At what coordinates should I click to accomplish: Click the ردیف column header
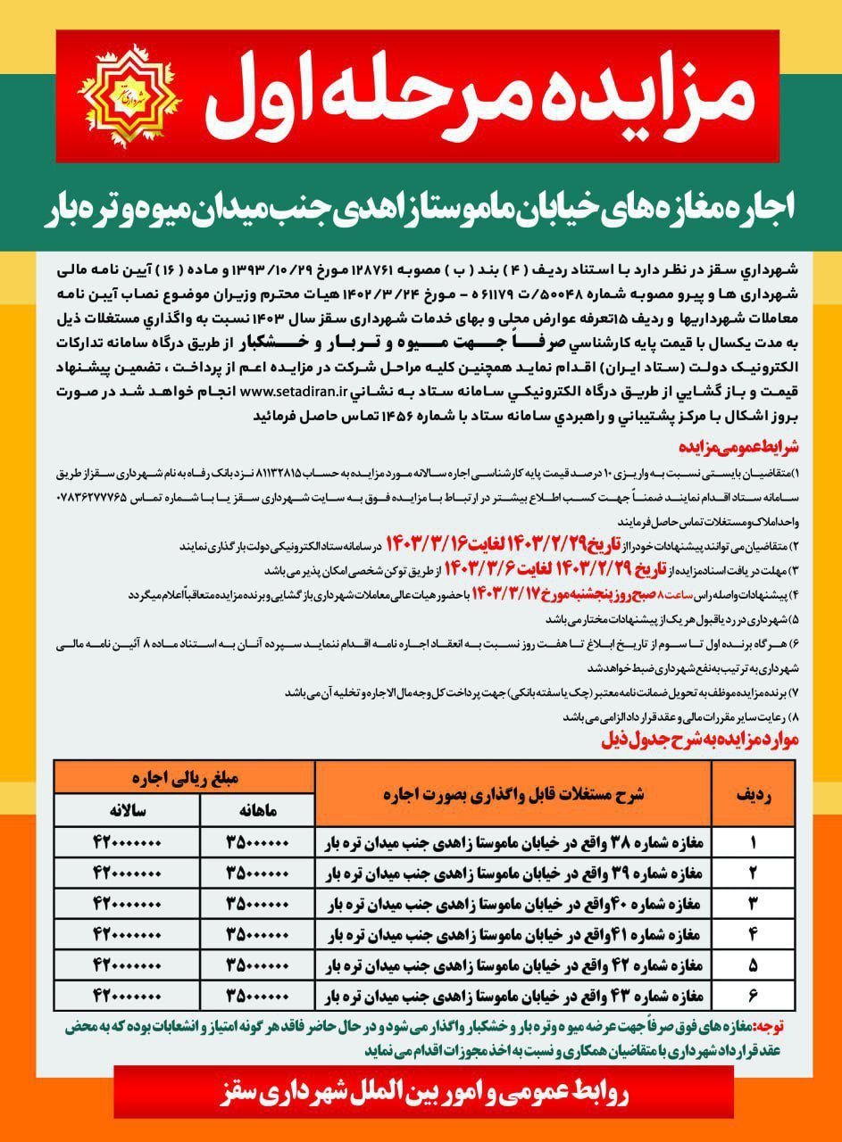(x=753, y=793)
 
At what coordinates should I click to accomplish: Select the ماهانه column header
(x=257, y=810)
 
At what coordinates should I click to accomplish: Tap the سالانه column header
(x=126, y=810)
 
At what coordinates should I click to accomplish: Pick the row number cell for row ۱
(x=753, y=841)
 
